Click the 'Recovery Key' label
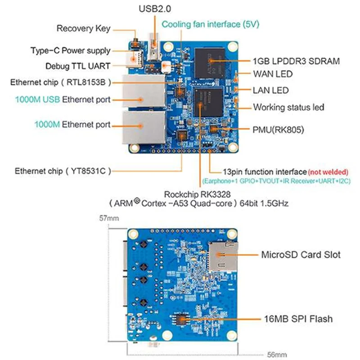click(x=83, y=29)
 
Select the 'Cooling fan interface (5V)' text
click(x=210, y=24)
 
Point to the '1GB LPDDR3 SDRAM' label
click(x=296, y=61)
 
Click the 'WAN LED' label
click(x=273, y=74)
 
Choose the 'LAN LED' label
click(x=270, y=90)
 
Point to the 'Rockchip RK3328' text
click(x=198, y=194)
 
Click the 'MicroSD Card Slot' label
click(x=301, y=255)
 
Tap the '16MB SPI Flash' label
click(x=297, y=319)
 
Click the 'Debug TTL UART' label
click(x=78, y=66)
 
